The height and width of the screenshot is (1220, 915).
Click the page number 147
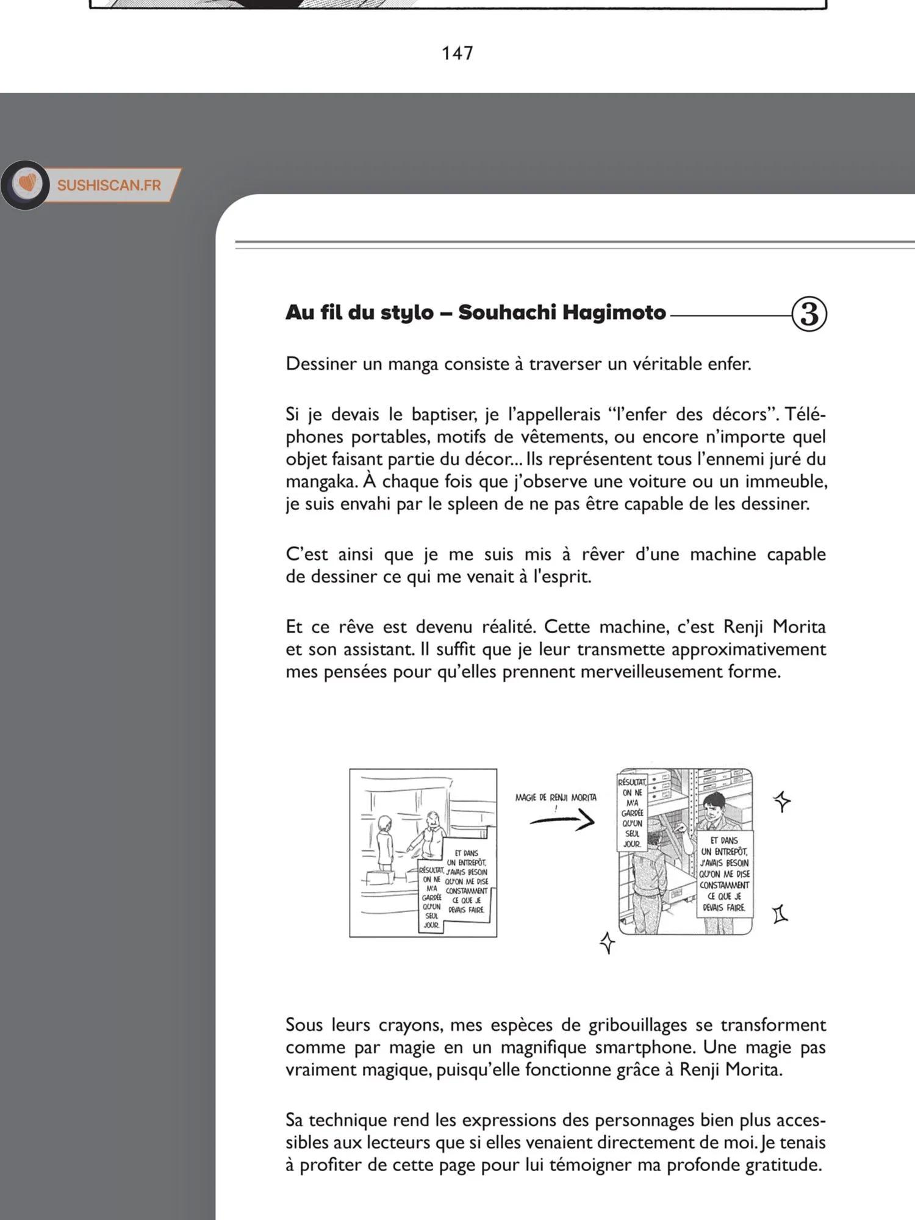(x=457, y=53)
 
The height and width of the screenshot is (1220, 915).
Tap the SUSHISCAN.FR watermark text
(x=109, y=185)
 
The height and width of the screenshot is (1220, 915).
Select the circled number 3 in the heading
(x=809, y=314)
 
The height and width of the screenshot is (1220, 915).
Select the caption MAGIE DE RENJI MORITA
(x=556, y=797)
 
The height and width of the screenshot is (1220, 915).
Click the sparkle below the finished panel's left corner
(x=608, y=942)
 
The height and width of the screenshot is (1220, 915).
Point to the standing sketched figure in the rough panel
(x=385, y=842)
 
